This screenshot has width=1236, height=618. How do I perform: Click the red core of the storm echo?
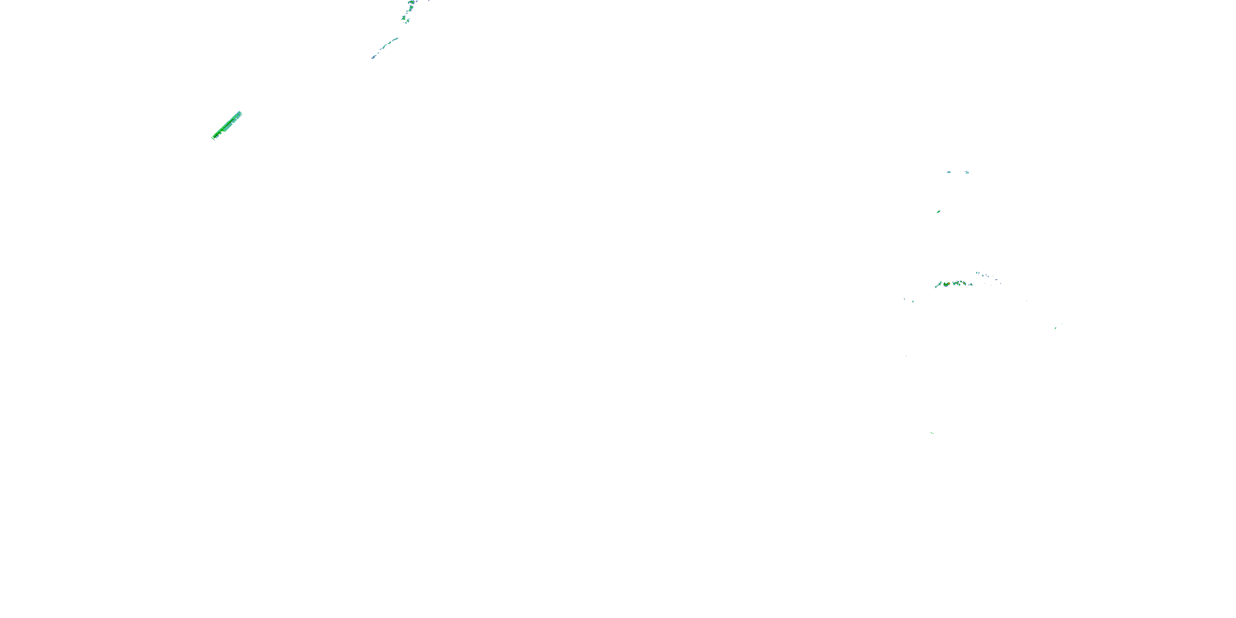[x=950, y=283]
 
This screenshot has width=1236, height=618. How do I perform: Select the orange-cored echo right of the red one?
[x=964, y=283]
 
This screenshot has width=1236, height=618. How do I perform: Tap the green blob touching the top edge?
[x=412, y=2]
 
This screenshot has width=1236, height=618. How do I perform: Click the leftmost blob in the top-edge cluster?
[x=404, y=18]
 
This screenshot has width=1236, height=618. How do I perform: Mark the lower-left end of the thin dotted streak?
[x=373, y=58]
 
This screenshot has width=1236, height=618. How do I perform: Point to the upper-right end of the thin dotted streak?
[x=396, y=39]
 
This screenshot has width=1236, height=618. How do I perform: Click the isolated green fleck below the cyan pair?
[x=938, y=212]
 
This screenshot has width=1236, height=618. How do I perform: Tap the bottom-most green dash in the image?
[x=932, y=433]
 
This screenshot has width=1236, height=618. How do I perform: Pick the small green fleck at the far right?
[x=1056, y=328]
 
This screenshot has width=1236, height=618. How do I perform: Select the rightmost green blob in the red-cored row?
[x=971, y=285]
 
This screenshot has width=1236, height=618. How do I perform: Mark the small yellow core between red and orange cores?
[x=957, y=283]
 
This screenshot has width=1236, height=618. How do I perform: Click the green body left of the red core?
[x=945, y=285]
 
